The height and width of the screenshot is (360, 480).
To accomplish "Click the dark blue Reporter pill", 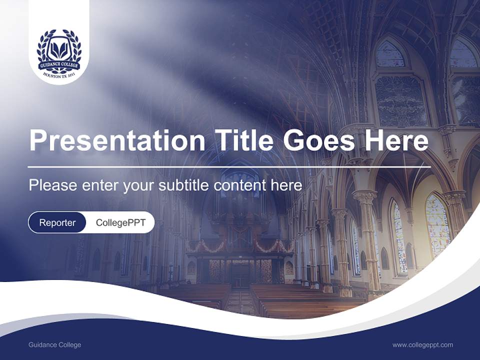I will click(57, 222).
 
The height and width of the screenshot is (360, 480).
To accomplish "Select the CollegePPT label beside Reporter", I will click(120, 222).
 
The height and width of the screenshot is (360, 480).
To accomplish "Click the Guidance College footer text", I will click(54, 345).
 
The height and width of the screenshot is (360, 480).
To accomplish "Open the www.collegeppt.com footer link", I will click(422, 345).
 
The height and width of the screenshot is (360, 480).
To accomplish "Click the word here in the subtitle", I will click(286, 185).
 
